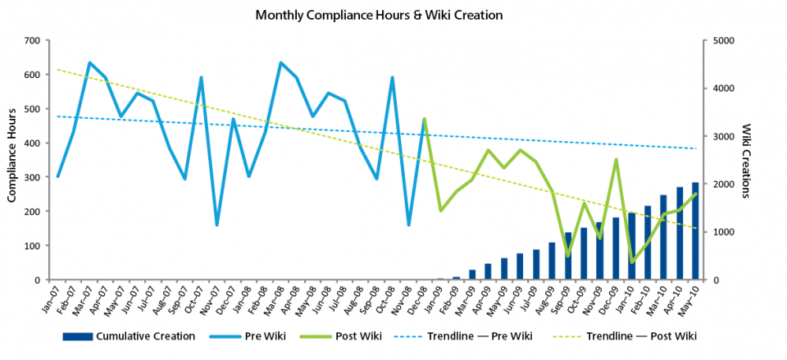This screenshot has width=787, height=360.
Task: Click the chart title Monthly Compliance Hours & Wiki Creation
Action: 378,15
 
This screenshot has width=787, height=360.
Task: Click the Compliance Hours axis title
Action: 14,160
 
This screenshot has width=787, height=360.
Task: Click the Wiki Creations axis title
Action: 746,160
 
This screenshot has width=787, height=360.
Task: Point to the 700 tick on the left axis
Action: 32,40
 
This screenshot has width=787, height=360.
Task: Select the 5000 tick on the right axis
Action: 724,40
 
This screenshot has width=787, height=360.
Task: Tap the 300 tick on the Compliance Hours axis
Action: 32,177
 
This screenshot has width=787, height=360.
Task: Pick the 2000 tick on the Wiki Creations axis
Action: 724,185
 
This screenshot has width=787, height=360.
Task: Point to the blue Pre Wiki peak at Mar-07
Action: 89,63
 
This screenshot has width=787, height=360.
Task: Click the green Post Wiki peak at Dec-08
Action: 424,120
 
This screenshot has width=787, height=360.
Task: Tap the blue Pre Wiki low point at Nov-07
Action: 217,224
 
